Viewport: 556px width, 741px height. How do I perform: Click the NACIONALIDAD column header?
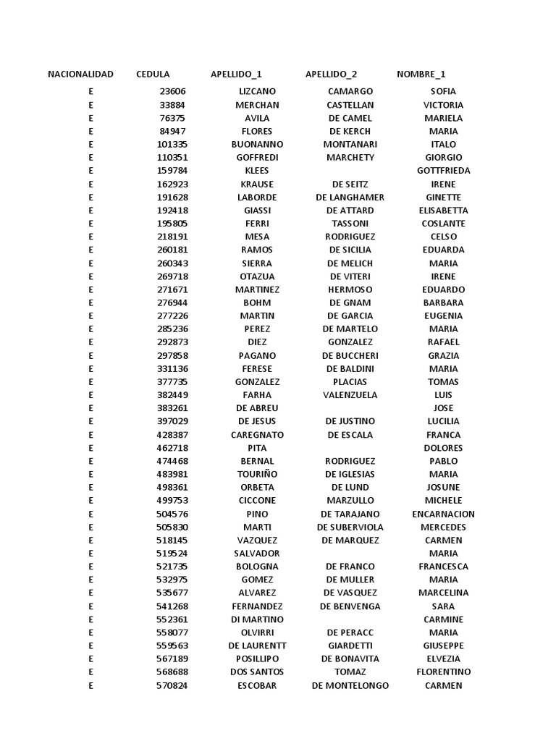tap(80, 75)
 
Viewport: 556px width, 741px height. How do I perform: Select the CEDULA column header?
tap(153, 75)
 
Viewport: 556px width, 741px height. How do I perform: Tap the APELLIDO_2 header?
tap(331, 75)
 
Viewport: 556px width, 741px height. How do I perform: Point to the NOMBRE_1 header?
tap(421, 75)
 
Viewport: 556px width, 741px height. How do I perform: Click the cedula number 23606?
tap(172, 92)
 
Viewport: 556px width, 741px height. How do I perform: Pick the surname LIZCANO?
tap(257, 92)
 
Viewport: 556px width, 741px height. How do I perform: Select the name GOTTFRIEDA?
tap(443, 171)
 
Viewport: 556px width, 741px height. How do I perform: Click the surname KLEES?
tap(257, 171)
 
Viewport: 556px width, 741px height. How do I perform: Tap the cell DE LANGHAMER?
tap(350, 198)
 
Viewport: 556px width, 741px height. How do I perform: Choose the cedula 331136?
tap(172, 369)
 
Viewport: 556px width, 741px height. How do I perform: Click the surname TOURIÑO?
tap(257, 475)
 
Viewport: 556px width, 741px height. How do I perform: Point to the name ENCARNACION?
tap(443, 515)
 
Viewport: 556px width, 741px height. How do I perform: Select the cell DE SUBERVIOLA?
tap(350, 528)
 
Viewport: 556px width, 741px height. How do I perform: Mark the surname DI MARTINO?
tap(257, 620)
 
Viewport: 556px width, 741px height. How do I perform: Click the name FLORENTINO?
tap(443, 672)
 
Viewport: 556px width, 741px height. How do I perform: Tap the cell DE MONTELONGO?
tap(350, 686)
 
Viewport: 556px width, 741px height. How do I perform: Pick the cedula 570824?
tap(172, 686)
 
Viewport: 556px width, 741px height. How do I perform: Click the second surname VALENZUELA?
tap(350, 395)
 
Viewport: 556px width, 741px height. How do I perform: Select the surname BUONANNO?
tap(257, 145)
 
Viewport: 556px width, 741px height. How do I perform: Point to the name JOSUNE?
tap(443, 488)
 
